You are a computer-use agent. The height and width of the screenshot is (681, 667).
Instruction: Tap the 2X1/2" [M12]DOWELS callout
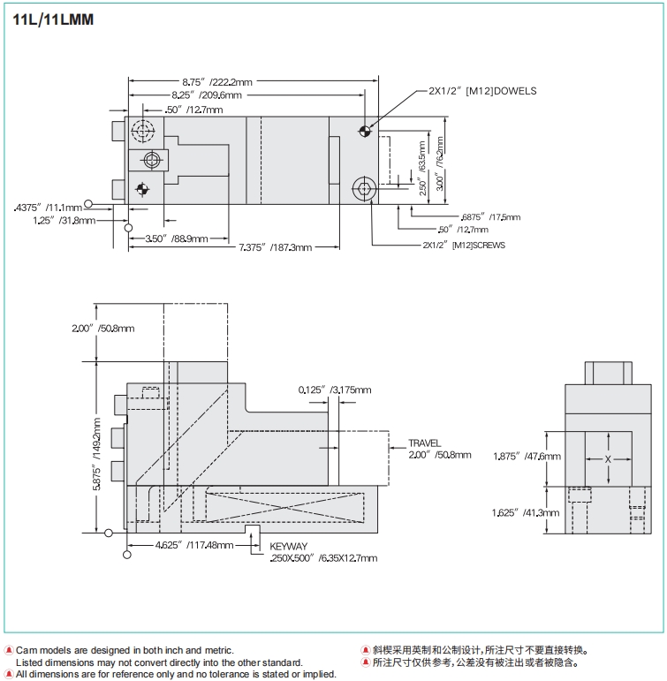pyautogui.click(x=482, y=91)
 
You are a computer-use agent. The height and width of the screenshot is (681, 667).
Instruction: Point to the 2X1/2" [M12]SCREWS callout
pyautogui.click(x=464, y=245)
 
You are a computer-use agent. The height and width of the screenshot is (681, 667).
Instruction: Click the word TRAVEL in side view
pyautogui.click(x=424, y=443)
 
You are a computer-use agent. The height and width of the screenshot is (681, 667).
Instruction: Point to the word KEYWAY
pyautogui.click(x=292, y=547)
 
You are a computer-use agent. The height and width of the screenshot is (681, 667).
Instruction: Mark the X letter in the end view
pyautogui.click(x=608, y=460)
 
